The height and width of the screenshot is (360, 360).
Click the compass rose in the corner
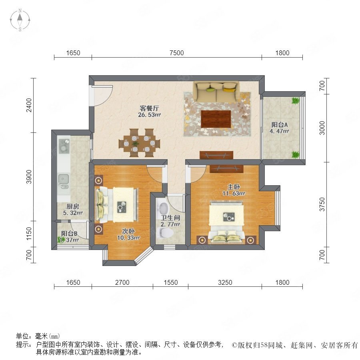20,20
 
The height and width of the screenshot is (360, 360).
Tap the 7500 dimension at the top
176,53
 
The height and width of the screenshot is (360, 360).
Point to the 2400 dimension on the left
29,105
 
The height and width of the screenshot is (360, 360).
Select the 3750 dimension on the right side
322,204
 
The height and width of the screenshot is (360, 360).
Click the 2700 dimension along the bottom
122,282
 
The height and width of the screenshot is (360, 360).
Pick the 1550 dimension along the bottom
170,282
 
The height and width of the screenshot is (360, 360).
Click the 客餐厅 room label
149,108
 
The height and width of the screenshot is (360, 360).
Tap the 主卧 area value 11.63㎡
234,194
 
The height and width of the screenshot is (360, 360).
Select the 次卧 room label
128,231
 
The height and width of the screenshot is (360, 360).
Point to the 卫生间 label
170,218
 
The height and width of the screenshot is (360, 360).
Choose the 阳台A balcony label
280,125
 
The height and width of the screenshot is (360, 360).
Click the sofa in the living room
216,92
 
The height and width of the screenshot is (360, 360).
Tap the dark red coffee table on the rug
216,119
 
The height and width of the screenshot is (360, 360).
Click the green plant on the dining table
136,144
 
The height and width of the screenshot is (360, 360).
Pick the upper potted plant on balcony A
295,100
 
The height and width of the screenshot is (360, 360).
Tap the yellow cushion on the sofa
228,88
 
